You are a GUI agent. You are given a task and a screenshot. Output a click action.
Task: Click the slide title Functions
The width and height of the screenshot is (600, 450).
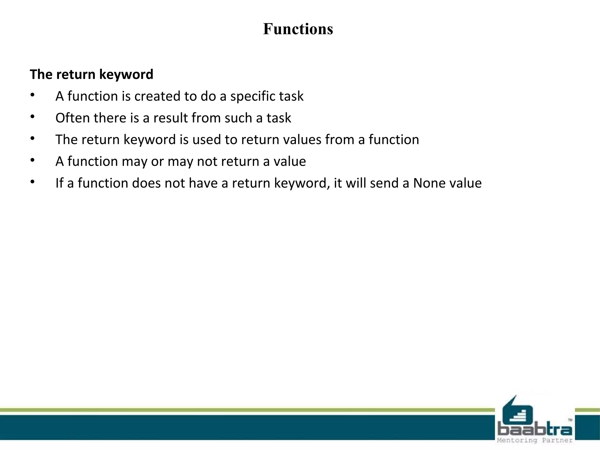click(298, 29)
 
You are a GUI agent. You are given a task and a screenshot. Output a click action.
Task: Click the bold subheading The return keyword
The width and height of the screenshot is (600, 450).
click(91, 74)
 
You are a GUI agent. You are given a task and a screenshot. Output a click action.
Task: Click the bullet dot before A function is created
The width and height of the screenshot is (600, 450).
click(33, 95)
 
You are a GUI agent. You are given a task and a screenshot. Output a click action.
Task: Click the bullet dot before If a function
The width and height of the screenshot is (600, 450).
click(33, 182)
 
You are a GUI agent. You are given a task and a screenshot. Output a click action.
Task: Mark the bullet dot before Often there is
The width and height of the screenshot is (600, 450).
click(33, 117)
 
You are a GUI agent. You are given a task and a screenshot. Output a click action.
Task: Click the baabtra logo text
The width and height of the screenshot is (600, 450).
click(535, 430)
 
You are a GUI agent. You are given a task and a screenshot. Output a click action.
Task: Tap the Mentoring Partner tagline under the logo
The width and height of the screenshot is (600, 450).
click(535, 440)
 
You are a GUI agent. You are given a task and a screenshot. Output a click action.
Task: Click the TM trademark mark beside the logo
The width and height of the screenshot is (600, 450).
click(570, 420)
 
